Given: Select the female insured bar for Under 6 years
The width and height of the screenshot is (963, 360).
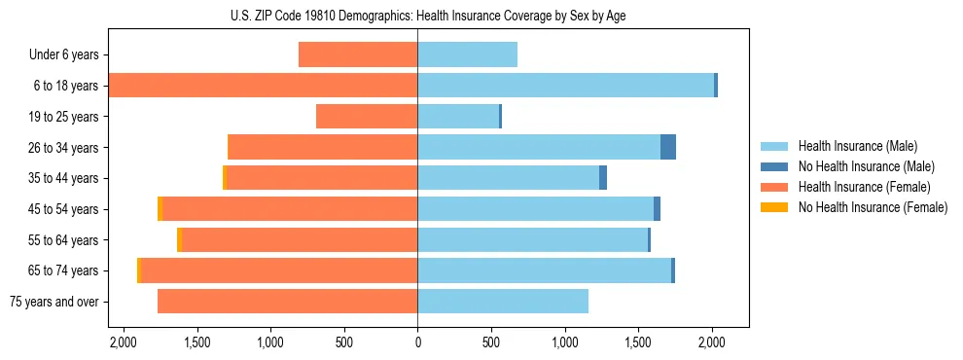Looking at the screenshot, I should (358, 54).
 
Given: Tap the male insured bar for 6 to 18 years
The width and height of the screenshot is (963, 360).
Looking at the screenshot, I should (565, 86).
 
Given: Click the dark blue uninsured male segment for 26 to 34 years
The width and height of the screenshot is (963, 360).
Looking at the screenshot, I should (668, 147).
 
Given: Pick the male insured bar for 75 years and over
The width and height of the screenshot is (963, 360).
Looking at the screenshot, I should (503, 302).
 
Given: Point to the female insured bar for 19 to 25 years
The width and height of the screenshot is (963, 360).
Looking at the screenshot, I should (367, 117).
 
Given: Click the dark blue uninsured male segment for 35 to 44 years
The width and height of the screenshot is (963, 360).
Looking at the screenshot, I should (603, 178).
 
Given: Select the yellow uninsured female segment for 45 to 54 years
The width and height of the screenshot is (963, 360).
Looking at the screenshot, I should (160, 209).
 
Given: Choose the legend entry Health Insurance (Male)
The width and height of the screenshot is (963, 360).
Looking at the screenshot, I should (857, 146).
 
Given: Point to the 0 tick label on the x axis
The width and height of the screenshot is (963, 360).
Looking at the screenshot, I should (417, 342).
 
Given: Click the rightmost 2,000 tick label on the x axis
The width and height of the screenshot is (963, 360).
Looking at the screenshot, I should (712, 342).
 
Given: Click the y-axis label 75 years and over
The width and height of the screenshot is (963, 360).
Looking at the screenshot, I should (53, 302).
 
